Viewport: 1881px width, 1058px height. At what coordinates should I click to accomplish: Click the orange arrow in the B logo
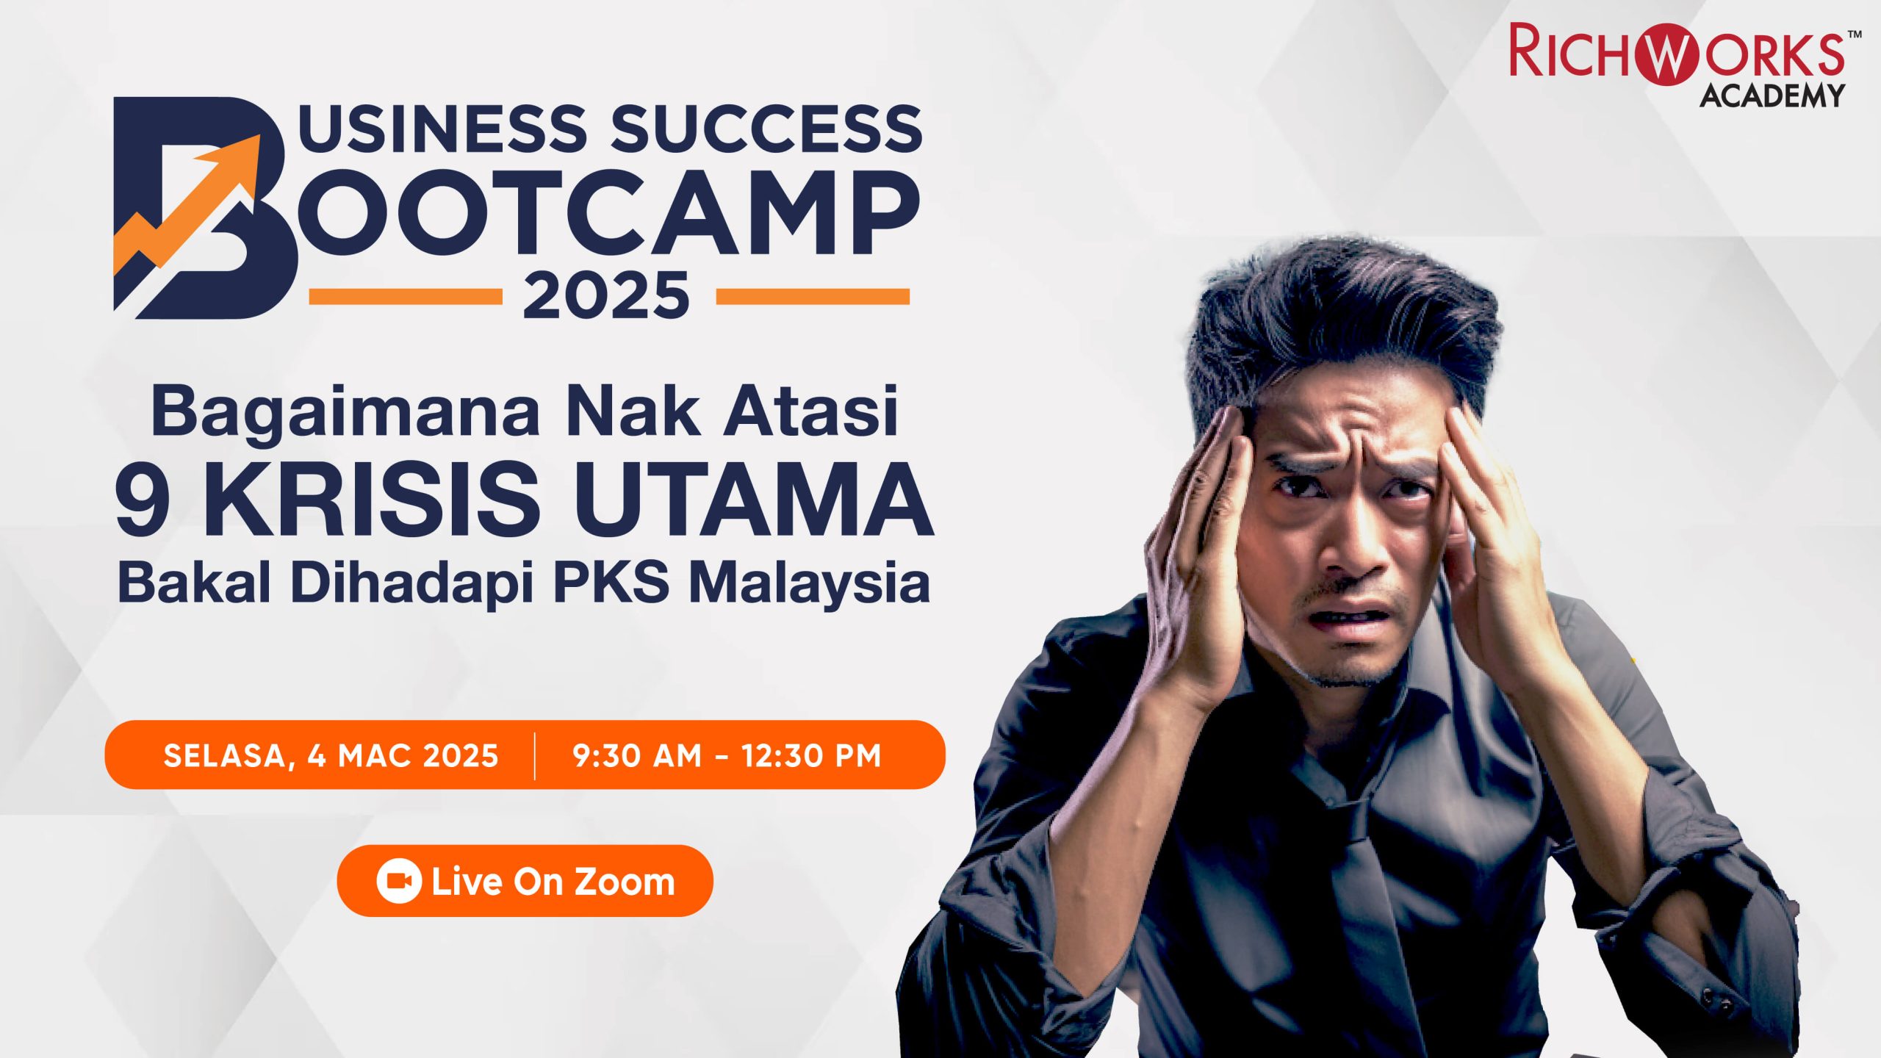click(x=187, y=209)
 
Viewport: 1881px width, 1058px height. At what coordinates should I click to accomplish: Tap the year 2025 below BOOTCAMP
click(x=606, y=295)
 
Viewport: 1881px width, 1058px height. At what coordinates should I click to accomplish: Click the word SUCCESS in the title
click(x=766, y=129)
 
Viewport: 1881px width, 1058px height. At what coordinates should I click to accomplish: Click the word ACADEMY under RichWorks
click(x=1772, y=96)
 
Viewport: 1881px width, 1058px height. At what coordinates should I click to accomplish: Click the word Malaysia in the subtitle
click(x=810, y=586)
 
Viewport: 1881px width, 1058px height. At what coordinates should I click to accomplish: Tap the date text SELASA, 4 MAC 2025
click(x=331, y=755)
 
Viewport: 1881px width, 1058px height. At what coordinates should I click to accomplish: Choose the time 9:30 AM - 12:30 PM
click(x=727, y=755)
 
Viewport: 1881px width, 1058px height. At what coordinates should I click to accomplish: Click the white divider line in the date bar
click(x=535, y=755)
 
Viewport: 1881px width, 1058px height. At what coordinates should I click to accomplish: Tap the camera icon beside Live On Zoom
click(x=399, y=881)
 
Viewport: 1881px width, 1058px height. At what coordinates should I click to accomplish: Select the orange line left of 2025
click(x=406, y=296)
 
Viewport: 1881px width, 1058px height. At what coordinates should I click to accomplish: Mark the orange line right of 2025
click(x=813, y=296)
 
